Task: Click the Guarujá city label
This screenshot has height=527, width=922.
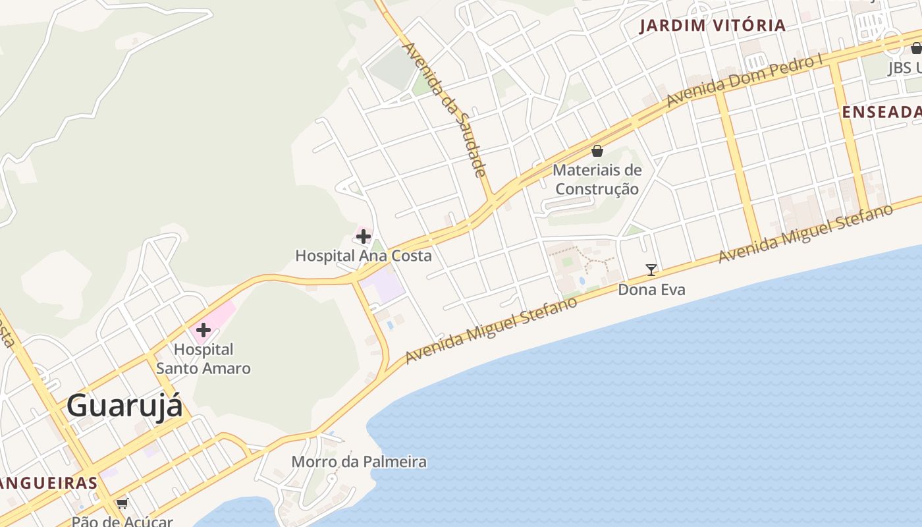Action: [124, 405]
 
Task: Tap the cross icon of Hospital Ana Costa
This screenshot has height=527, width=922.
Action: [364, 236]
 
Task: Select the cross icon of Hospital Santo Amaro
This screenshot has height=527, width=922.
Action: [203, 329]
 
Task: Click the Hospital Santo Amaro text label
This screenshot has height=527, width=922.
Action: [203, 359]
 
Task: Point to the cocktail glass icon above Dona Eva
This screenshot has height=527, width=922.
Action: [651, 269]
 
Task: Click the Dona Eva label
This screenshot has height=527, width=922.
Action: [651, 290]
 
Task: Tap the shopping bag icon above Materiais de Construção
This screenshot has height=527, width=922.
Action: [597, 151]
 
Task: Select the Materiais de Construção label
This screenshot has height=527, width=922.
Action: [597, 180]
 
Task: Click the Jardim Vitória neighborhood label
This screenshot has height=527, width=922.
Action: [713, 26]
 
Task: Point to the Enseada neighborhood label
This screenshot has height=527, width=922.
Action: [881, 113]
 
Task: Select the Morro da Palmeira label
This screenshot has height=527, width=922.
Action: [359, 462]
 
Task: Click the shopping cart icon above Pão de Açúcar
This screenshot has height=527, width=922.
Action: [122, 504]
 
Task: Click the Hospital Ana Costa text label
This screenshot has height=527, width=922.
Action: [364, 256]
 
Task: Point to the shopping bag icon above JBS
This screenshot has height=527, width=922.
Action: [916, 47]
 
